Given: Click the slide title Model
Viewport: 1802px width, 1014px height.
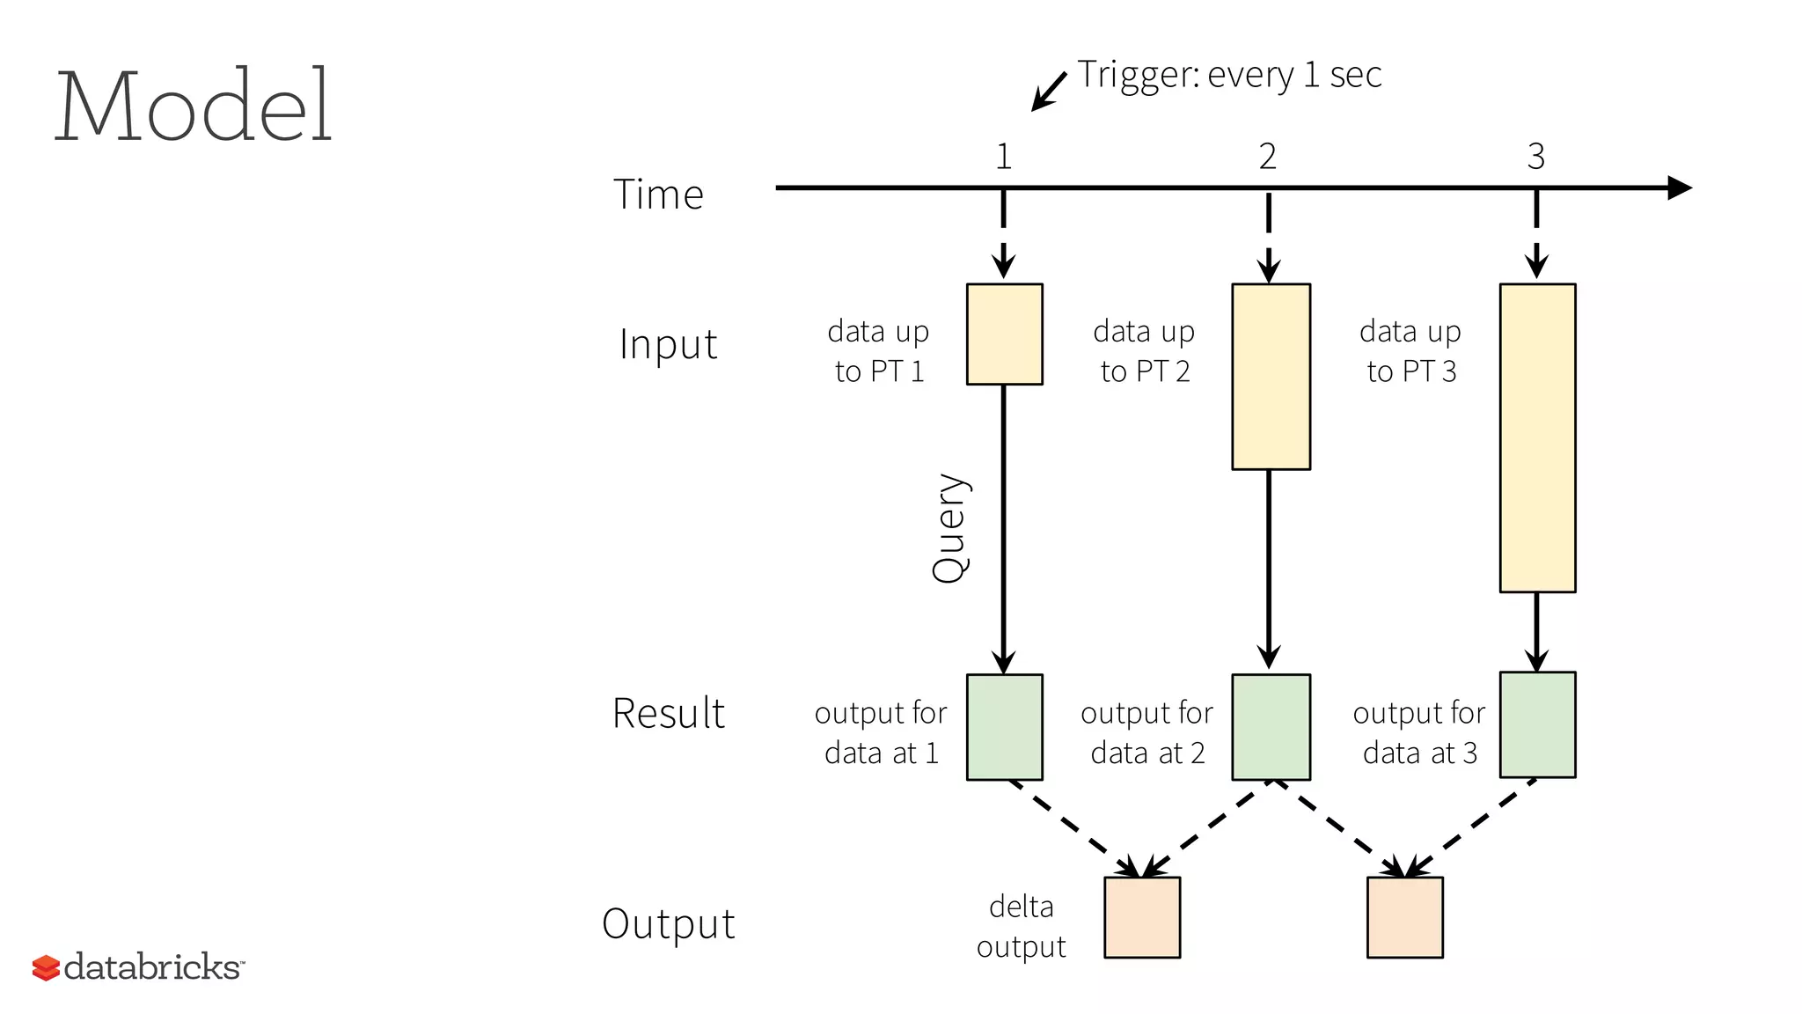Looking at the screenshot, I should (x=194, y=106).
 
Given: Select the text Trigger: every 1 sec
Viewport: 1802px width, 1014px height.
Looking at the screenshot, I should (x=1228, y=75).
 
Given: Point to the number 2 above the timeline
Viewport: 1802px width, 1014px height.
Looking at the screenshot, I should (x=1267, y=157).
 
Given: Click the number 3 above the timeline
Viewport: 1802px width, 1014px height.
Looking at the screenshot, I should (x=1535, y=157).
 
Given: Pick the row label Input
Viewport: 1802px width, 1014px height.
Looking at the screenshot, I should (x=668, y=344).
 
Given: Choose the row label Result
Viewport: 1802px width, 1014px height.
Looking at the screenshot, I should (x=668, y=713).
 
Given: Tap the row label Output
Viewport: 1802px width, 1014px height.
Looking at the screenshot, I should (x=668, y=924).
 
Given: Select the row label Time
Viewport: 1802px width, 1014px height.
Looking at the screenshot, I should (x=658, y=195).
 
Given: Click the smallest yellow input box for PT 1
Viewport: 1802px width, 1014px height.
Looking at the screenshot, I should (x=1004, y=334).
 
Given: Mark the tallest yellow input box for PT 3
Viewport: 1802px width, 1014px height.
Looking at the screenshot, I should (x=1537, y=437).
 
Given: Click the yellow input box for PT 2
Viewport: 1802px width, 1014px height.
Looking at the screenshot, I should (x=1271, y=376).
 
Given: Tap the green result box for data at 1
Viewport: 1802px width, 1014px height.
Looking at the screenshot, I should (x=1004, y=727).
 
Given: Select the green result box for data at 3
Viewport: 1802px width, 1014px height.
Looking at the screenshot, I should (x=1537, y=724).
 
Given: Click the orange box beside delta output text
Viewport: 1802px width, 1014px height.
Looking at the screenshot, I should (x=1142, y=916).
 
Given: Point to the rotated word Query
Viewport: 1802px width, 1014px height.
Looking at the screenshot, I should (x=949, y=528).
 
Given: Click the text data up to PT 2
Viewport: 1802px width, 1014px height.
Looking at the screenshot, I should (x=1144, y=351).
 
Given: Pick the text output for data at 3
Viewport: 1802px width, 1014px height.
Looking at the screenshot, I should (x=1418, y=732).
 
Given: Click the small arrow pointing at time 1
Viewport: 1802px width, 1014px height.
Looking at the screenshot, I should (x=1048, y=92).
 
